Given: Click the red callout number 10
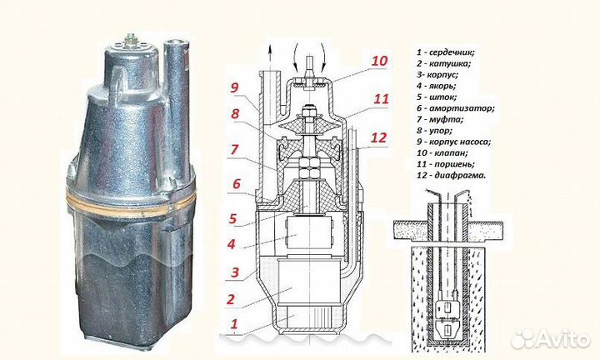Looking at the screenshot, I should click(380, 61).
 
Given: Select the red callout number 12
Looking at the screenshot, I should click(379, 137).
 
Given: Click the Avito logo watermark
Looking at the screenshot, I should click(550, 337).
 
